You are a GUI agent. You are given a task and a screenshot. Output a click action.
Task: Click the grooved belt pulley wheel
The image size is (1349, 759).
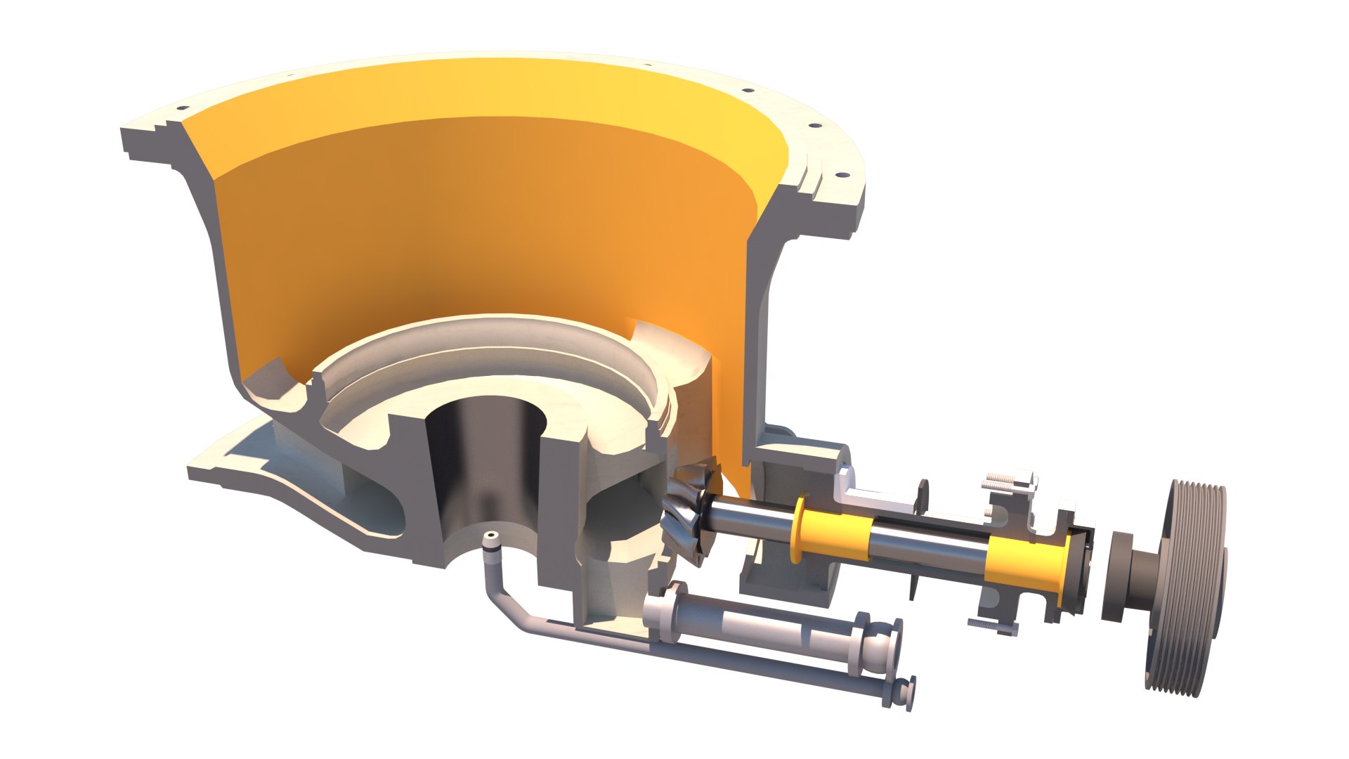coord(1187,590)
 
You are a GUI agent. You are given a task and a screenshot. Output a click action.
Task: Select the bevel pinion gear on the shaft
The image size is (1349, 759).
coord(689,517)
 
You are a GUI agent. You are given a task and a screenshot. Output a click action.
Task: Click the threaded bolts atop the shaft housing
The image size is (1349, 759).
coord(1008,482)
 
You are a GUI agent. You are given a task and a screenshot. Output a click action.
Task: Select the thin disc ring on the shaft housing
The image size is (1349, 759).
coord(922,492)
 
